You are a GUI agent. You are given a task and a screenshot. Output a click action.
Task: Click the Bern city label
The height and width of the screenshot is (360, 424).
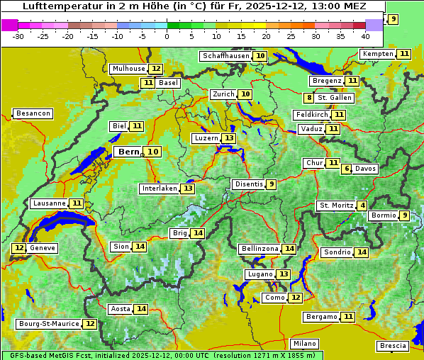(129, 152)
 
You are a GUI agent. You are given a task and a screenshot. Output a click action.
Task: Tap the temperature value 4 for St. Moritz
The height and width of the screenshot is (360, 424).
(363, 206)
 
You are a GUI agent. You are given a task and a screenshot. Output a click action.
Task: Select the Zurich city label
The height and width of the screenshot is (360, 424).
(223, 94)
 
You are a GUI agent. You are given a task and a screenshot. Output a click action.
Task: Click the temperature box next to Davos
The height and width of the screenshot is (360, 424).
(347, 169)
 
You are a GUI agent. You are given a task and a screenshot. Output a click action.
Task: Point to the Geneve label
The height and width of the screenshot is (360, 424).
(42, 248)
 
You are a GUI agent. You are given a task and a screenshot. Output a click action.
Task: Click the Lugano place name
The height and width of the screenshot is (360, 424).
(260, 274)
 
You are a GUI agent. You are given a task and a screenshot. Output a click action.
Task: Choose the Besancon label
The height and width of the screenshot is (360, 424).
(33, 113)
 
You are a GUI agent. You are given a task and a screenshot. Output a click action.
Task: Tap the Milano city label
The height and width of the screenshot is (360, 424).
(306, 343)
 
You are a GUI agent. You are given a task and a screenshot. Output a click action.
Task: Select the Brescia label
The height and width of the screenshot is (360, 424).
(393, 346)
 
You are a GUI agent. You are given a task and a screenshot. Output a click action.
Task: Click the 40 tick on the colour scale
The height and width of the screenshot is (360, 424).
(365, 35)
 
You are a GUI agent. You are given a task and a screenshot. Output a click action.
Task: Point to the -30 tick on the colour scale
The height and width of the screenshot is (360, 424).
(18, 35)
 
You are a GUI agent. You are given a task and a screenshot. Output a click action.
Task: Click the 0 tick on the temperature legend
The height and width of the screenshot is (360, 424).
(167, 35)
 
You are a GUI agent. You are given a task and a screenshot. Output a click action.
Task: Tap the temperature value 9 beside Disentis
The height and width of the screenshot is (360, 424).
(271, 184)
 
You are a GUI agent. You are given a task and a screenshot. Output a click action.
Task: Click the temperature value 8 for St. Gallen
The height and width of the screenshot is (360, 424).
(309, 98)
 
